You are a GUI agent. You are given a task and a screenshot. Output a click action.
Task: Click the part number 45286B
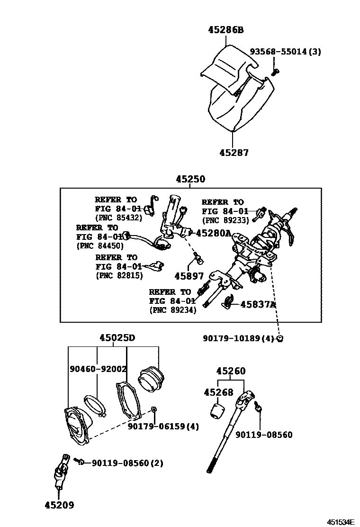coord(225,30)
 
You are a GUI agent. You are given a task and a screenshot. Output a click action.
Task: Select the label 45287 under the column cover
coord(234,153)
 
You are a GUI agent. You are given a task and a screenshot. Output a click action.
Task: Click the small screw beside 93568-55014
coord(276,72)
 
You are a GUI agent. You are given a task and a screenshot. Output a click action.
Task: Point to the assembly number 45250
coord(190,179)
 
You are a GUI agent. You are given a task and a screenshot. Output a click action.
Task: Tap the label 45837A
coord(258,304)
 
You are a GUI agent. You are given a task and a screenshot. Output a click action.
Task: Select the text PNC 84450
coord(99,245)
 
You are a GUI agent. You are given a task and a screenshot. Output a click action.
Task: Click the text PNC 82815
coord(119,275)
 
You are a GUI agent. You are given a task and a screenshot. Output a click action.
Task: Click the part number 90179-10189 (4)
coord(238,338)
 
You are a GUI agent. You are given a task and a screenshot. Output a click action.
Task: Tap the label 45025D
coord(117,338)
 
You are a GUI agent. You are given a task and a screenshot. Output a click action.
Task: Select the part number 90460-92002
coord(98,369)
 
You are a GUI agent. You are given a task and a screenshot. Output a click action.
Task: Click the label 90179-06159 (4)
coord(163,426)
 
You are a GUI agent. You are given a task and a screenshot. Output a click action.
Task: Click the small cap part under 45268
coord(218,410)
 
